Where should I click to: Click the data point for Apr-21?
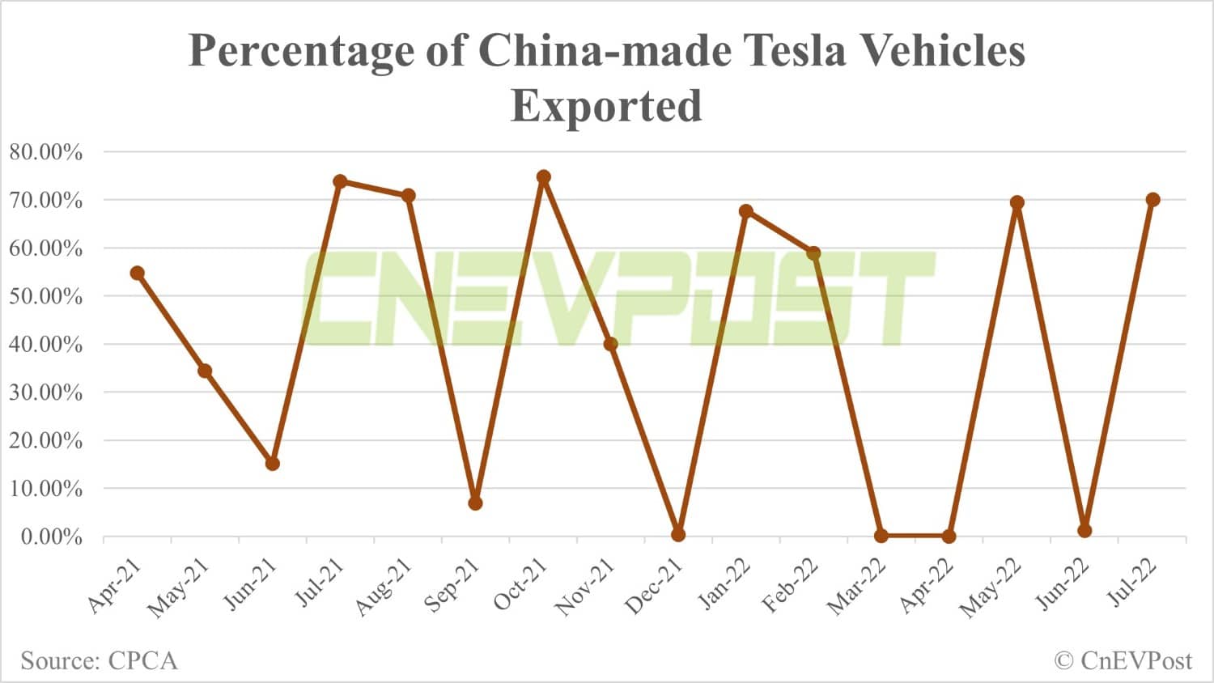(138, 274)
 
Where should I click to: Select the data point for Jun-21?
(273, 464)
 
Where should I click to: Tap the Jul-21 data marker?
(340, 181)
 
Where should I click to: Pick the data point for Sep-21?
(475, 503)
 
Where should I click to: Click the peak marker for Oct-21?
(544, 177)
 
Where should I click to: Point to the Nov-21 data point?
(611, 344)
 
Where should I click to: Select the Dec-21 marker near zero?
(678, 535)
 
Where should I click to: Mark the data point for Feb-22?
(814, 253)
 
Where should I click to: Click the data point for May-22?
(1017, 202)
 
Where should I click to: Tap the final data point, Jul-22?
(1152, 200)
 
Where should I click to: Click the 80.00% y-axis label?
(46, 152)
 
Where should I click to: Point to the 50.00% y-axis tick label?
(46, 296)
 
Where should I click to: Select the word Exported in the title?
(606, 105)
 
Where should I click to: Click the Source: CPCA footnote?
(99, 660)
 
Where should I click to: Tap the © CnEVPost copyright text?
(1123, 660)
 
